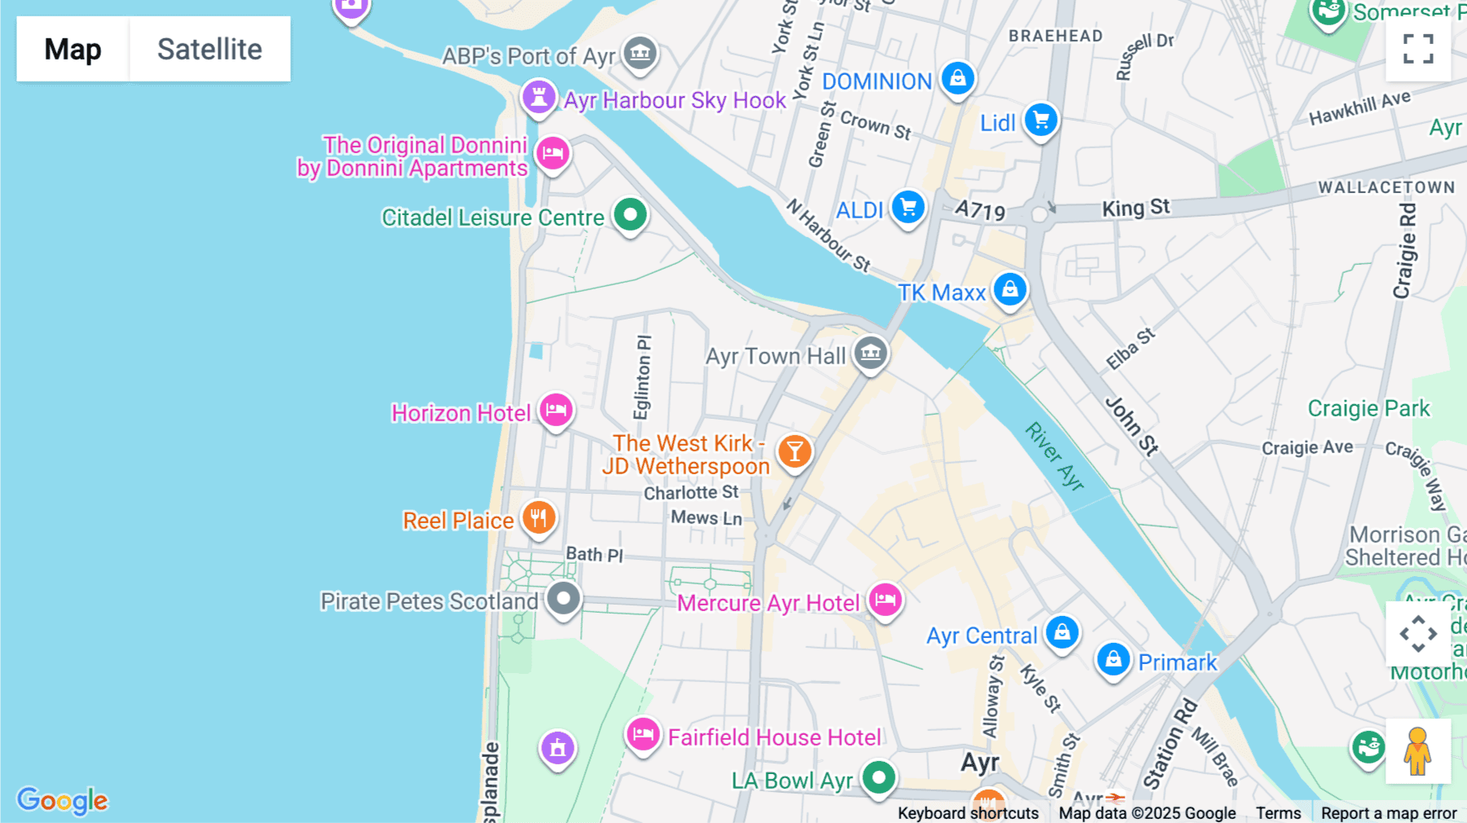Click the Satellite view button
(209, 49)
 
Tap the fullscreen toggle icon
(1418, 49)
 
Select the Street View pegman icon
(1417, 751)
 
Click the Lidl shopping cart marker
(1041, 121)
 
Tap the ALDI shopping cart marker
(908, 207)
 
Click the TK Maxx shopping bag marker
(1010, 289)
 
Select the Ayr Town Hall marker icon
(870, 353)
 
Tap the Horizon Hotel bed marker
(556, 410)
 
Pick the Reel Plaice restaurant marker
(539, 517)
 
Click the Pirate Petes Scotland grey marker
(563, 599)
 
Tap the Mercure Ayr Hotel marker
(885, 601)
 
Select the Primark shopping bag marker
(1113, 659)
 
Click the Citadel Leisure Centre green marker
(630, 215)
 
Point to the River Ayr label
(1055, 456)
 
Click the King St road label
(1135, 208)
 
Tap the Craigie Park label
(1368, 408)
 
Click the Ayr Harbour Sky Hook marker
(539, 98)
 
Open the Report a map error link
(1389, 813)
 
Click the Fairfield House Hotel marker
(643, 734)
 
